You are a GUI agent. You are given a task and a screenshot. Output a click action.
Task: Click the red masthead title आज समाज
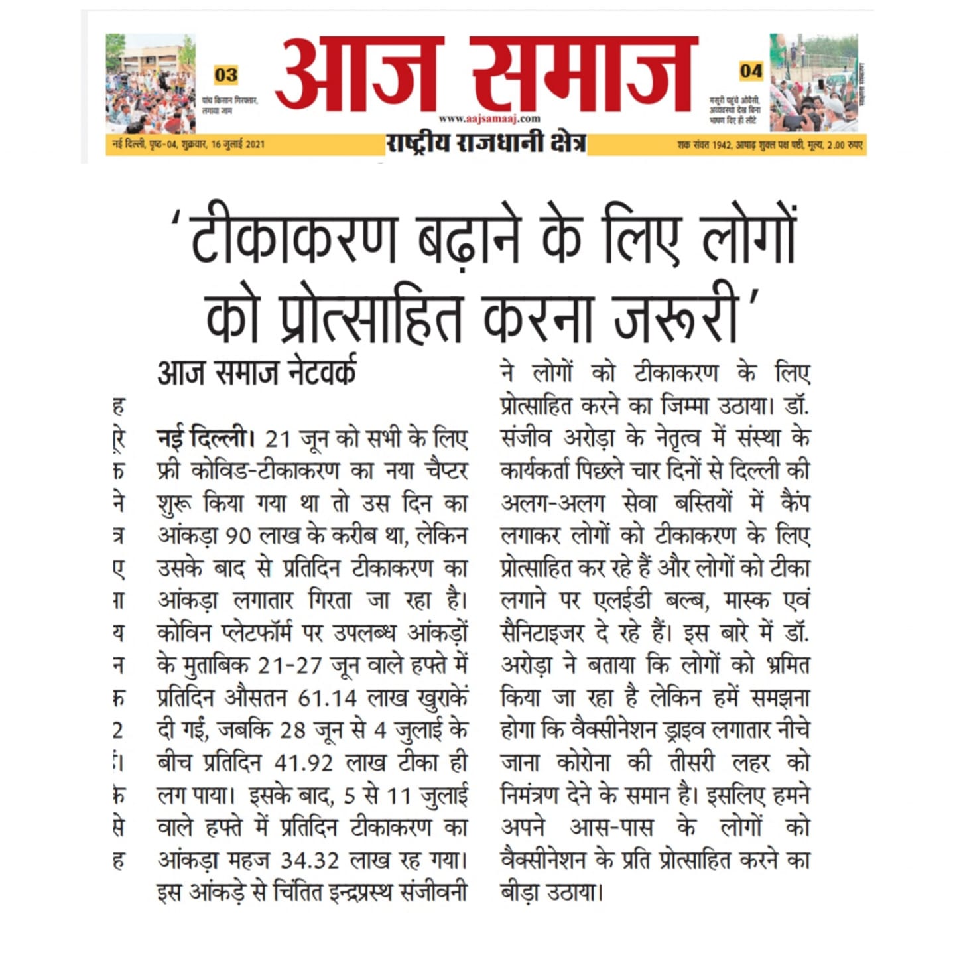tap(486, 74)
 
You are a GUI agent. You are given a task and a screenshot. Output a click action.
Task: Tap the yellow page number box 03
tap(226, 74)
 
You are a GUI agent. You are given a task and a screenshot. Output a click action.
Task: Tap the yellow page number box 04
tap(751, 70)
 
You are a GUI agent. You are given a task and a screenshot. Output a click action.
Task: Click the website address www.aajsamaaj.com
tap(489, 119)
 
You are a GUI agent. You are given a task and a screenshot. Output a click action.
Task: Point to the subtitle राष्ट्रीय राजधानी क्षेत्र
tap(486, 143)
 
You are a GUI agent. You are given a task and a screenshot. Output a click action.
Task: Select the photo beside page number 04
tap(814, 83)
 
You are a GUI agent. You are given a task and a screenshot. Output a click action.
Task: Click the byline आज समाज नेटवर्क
tap(257, 373)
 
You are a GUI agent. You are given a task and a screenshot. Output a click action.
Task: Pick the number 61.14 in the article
tap(328, 698)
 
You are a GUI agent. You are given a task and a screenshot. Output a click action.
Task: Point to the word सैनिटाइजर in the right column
tap(542, 633)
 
